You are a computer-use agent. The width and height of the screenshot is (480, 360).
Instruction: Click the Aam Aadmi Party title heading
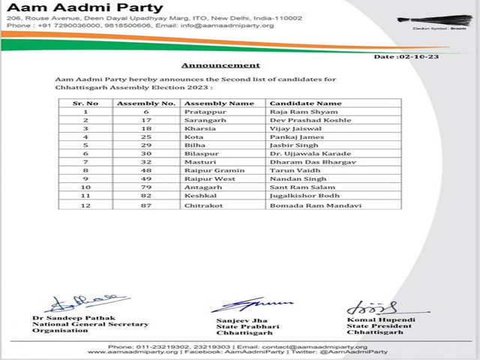(64, 9)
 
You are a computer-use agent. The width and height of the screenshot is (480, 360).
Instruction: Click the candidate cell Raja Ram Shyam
(294, 111)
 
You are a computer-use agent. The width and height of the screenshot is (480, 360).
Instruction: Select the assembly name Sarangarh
(203, 120)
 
